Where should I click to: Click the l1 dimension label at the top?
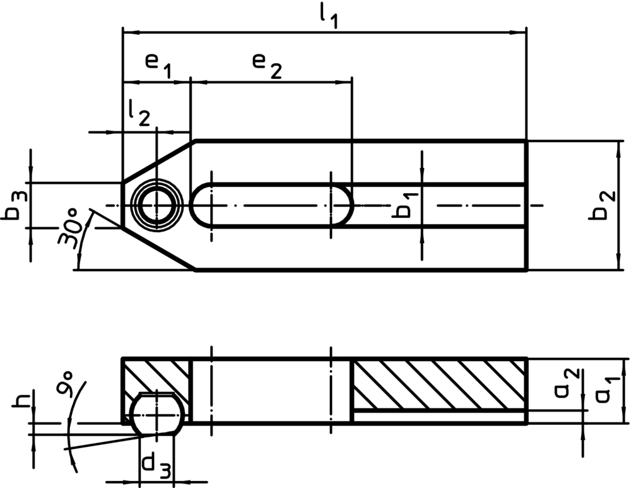328,17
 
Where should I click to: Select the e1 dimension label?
158,66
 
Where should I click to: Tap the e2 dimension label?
267,66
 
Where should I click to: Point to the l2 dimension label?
139,113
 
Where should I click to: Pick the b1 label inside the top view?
405,205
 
